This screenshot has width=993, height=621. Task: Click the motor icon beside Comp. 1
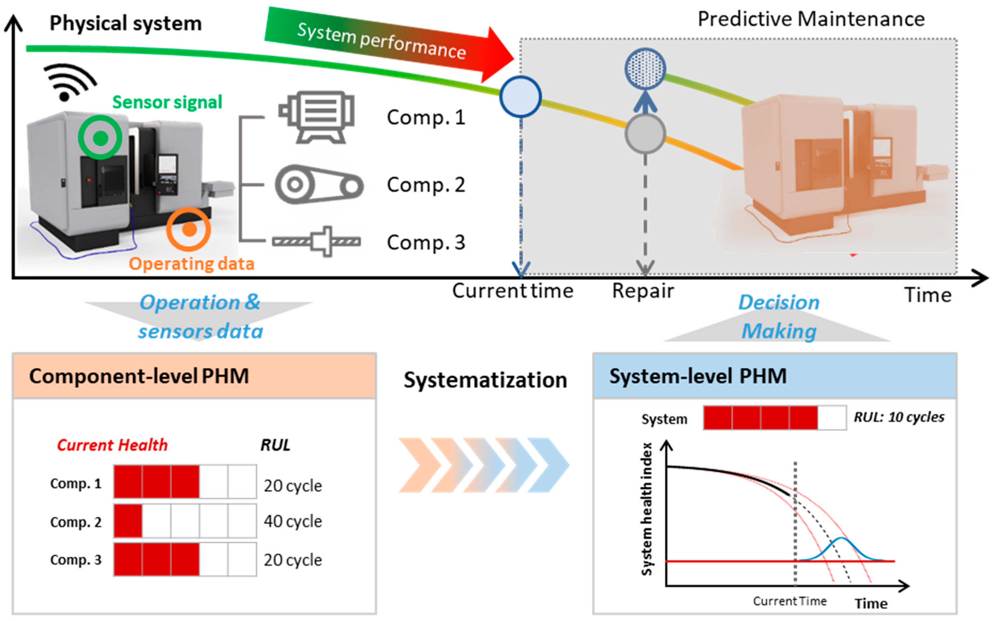point(316,117)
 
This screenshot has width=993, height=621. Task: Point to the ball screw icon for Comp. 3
point(316,241)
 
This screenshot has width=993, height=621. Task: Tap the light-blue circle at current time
point(520,96)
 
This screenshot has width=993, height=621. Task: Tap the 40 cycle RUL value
point(293,521)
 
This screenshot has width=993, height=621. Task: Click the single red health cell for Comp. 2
point(128,521)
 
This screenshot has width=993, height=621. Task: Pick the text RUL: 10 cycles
point(899,417)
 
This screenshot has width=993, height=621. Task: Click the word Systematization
point(485,380)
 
